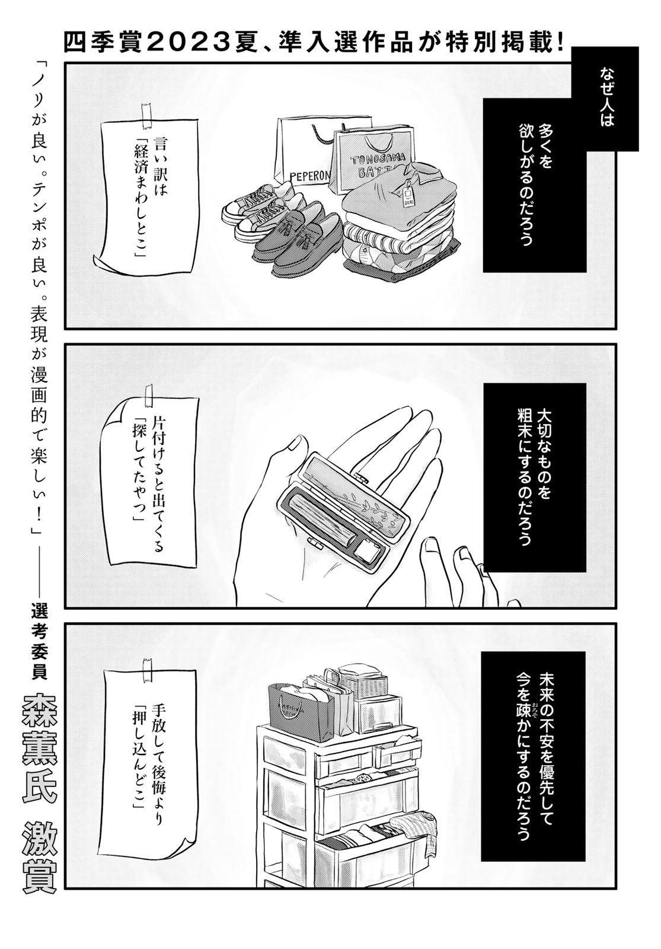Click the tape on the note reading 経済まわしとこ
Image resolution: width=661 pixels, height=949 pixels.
point(148,115)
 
